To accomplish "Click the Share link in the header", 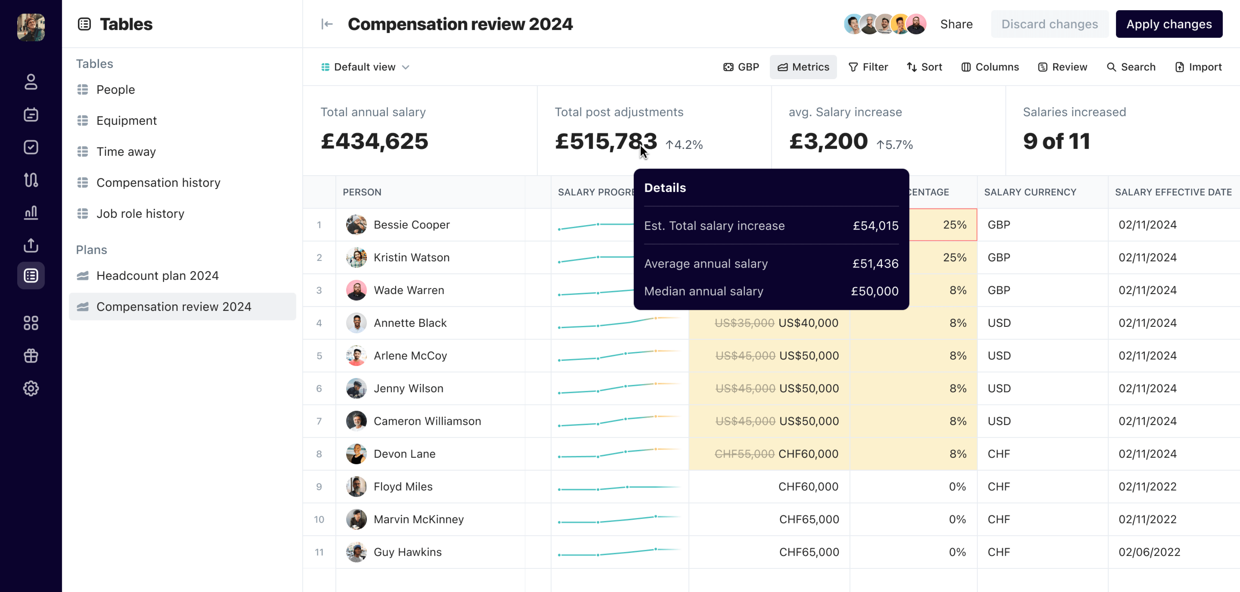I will pos(956,24).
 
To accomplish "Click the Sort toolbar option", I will pos(924,67).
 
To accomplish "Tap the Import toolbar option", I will pos(1198,67).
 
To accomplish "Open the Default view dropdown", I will pos(365,67).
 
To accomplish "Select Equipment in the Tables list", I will pos(126,120).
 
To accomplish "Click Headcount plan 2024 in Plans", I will pos(158,276).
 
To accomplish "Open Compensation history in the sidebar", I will pos(158,182).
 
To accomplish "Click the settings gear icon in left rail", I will pos(31,388).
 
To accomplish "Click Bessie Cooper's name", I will pos(412,225).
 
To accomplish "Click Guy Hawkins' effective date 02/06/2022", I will pos(1149,552).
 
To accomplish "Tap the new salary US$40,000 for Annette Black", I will pos(808,323).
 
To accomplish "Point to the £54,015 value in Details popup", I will pos(875,225).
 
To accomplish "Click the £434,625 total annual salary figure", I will pos(374,141).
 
